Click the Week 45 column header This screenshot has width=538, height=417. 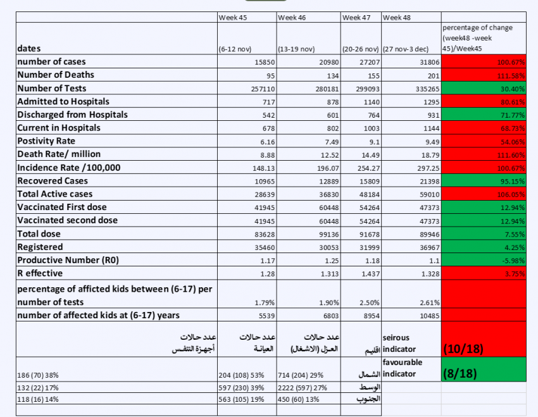(x=233, y=17)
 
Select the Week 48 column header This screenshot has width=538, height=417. (x=397, y=17)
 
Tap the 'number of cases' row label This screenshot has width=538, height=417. (x=51, y=61)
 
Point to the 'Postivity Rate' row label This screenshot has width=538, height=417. (x=46, y=140)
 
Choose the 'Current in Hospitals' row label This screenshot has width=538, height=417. (x=59, y=128)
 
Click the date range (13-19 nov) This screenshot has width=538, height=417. (x=296, y=49)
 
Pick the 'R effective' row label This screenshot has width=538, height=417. (x=40, y=273)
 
